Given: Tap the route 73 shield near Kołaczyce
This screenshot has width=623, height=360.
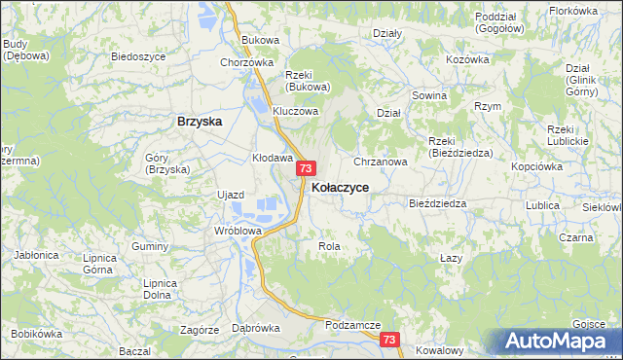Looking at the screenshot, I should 305,168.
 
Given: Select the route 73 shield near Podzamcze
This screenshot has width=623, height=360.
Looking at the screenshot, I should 389,340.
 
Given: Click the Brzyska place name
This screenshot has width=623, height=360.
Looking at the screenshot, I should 200,122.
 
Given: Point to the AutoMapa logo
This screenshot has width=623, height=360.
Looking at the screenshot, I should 557,342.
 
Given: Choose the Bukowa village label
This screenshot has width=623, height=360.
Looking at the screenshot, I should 260,40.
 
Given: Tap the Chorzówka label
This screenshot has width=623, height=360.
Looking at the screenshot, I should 246,62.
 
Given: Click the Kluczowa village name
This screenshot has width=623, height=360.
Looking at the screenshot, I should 296,111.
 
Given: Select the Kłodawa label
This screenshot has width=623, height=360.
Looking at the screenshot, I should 273,157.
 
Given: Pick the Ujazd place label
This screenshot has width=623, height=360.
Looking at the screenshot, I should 231,195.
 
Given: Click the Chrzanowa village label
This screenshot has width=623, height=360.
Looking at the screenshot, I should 381,162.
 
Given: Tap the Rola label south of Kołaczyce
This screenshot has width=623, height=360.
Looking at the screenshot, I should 329,246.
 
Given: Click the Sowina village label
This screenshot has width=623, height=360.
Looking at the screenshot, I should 429,95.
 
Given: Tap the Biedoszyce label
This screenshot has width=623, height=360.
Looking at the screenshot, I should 138,57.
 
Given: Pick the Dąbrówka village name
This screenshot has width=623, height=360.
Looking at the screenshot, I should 256,328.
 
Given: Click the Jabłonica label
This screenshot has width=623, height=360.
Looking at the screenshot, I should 36,255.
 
